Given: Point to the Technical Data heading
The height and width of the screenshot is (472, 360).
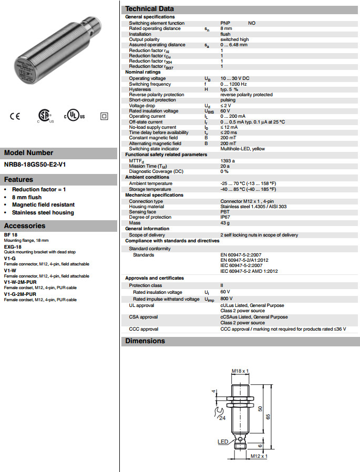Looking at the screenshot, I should [150, 9].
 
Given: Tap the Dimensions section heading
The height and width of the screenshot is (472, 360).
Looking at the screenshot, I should [145, 341].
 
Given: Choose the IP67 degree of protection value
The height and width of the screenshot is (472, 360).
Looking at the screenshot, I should [225, 217].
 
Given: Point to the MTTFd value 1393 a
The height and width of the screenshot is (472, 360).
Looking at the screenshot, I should [228, 160].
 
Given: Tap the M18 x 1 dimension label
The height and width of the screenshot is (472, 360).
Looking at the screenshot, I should [240, 371].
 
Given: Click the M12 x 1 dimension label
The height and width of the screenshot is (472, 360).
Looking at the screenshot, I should [259, 456].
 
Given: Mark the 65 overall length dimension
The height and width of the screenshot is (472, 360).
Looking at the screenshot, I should [269, 416].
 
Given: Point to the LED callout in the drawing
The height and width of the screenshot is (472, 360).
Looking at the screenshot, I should [223, 442].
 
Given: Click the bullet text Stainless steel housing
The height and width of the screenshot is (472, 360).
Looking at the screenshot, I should [43, 213].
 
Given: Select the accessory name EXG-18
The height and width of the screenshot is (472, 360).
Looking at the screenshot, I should [13, 246].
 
